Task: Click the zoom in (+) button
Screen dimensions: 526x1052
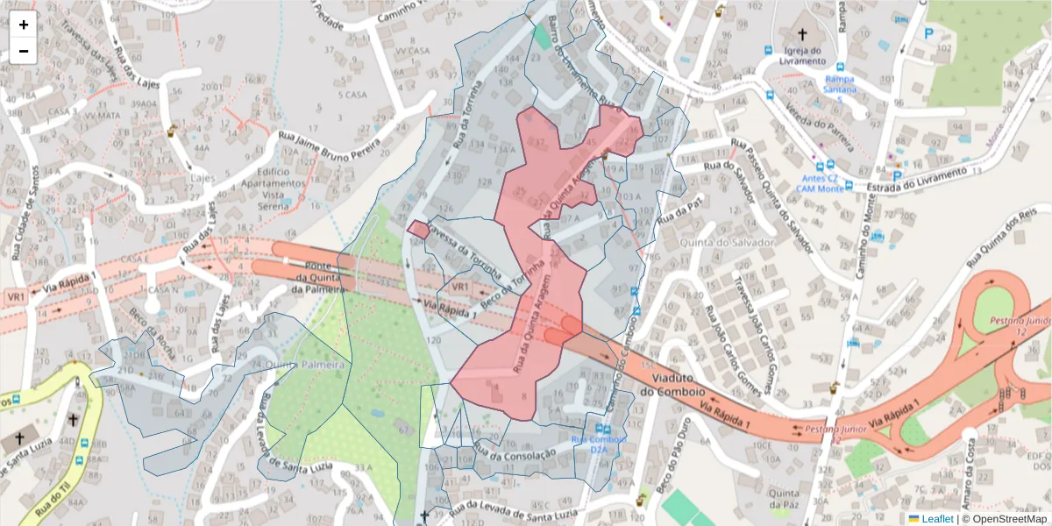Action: pos(24,25)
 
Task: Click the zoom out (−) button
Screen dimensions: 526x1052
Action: pos(24,51)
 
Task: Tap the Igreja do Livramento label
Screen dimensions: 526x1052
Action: pos(803,55)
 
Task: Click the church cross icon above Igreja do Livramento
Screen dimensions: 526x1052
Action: pos(802,32)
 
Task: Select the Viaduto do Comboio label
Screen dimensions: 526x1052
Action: pos(672,384)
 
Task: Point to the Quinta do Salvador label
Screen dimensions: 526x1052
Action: pos(735,242)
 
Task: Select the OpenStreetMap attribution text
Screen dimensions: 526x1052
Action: pos(1005,519)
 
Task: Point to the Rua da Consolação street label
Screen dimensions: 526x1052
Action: pos(515,451)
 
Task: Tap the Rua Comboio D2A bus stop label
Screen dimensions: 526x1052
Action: pos(599,444)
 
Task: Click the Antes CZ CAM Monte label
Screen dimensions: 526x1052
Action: pos(820,183)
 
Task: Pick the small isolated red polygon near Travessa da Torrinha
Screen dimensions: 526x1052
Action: pos(418,230)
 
